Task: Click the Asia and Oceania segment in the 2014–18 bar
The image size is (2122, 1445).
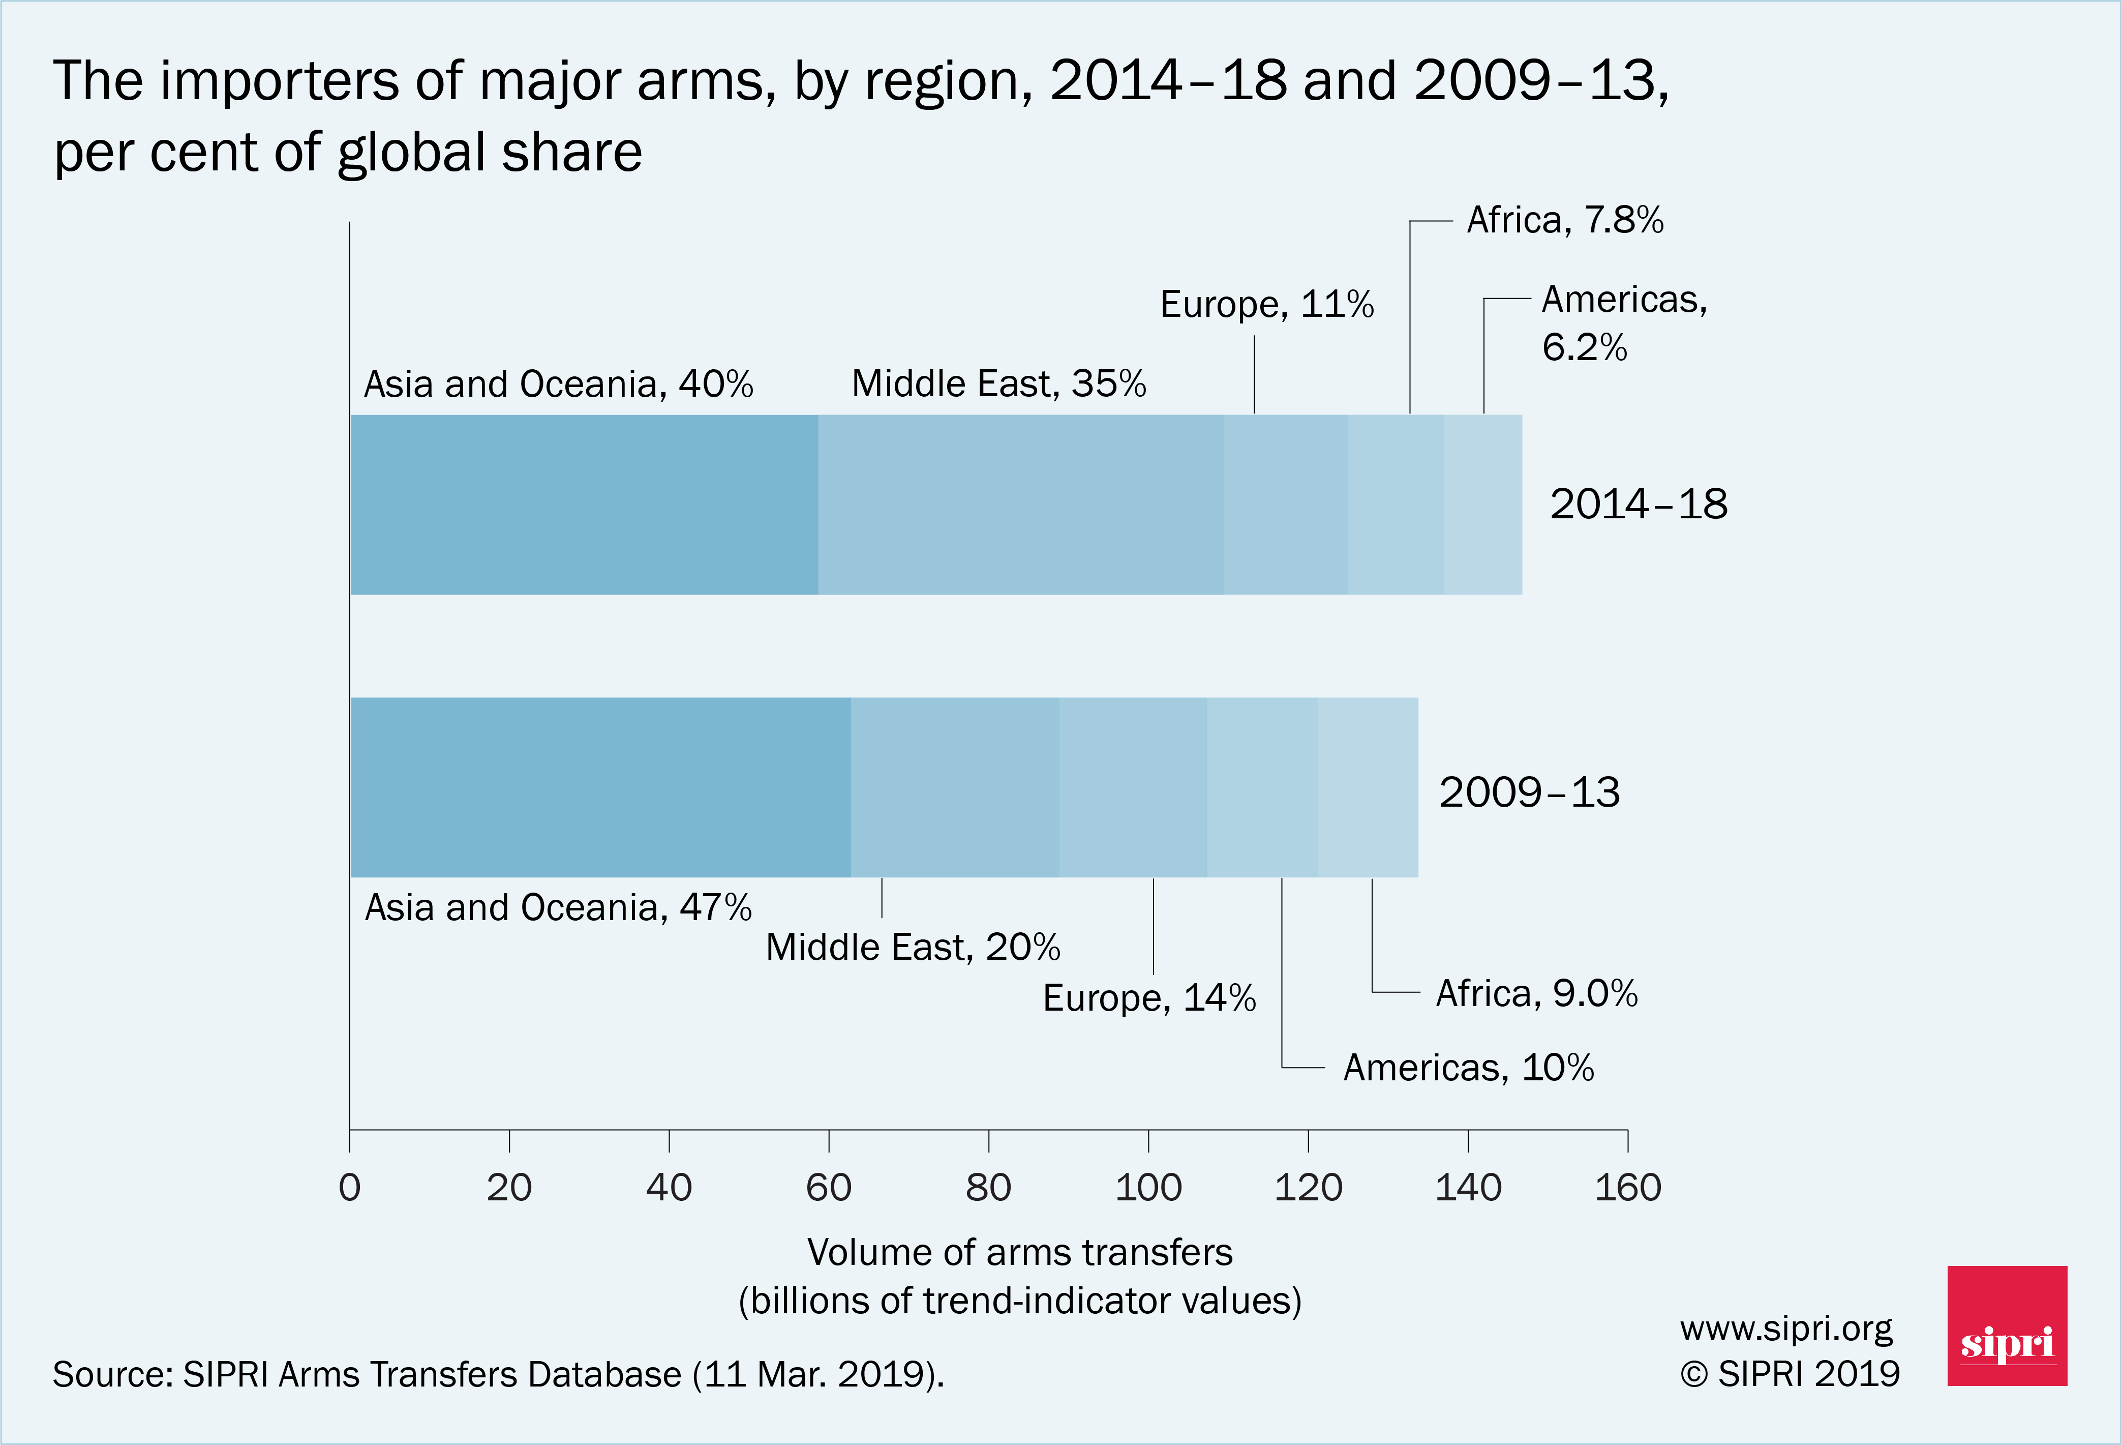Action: click(x=584, y=504)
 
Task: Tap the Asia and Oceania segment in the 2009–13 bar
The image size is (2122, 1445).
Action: click(x=601, y=787)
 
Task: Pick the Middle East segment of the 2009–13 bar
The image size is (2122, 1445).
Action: click(x=954, y=787)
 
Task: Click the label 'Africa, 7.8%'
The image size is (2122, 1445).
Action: click(x=1565, y=220)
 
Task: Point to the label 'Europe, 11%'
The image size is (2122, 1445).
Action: click(x=1266, y=304)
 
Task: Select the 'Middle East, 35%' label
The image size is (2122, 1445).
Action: click(x=998, y=384)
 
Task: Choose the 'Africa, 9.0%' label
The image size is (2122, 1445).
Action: click(x=1537, y=993)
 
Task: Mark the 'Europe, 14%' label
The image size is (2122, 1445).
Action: click(x=1148, y=997)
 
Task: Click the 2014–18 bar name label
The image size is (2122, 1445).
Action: click(x=1638, y=504)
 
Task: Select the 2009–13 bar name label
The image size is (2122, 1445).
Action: click(x=1529, y=792)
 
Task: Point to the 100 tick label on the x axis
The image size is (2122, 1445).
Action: click(x=1148, y=1188)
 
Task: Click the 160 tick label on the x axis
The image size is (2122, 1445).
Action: click(x=1627, y=1188)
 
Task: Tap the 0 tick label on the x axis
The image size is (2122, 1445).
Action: click(x=350, y=1188)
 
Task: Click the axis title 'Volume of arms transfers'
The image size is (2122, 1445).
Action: click(x=1019, y=1252)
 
